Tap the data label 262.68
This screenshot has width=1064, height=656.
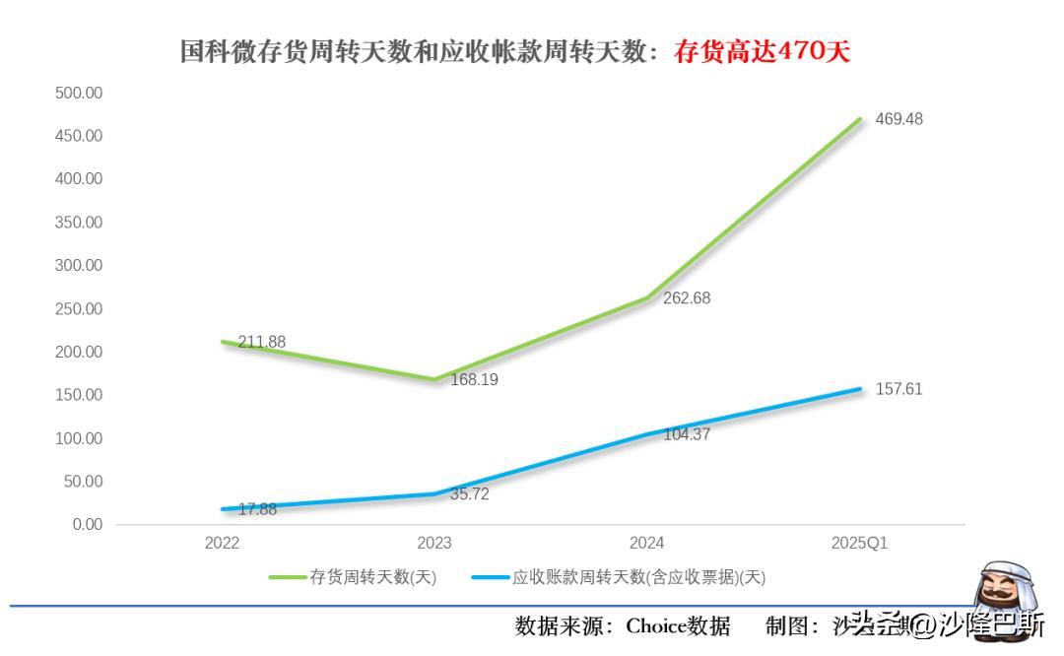687,298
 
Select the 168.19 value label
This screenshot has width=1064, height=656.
474,379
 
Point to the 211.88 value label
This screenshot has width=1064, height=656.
261,342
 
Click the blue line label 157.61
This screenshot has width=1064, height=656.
898,389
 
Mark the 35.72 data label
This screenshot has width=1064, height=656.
469,494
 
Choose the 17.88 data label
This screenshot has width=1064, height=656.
257,509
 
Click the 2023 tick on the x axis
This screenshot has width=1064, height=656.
434,543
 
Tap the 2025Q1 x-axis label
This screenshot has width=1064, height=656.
859,543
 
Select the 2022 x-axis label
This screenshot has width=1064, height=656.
222,543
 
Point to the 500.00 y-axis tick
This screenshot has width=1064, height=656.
79,93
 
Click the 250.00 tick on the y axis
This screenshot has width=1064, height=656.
79,308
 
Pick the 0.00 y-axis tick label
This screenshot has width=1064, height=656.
87,524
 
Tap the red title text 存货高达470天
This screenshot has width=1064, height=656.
762,52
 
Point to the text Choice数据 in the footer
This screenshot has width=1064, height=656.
678,625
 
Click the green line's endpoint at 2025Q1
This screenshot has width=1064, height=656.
860,119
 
